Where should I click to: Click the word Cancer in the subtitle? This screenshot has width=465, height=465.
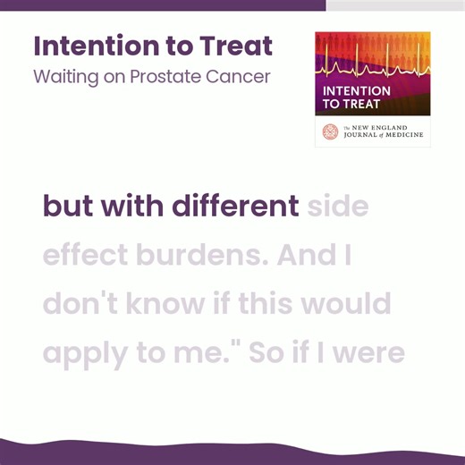(238, 76)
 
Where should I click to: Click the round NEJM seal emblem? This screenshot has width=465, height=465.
(331, 131)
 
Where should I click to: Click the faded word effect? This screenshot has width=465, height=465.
(85, 257)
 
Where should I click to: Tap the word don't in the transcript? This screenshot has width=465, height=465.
(85, 305)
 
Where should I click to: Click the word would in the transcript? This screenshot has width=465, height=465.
(343, 305)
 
